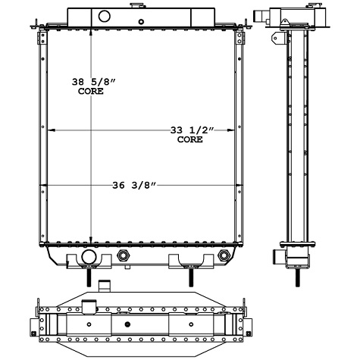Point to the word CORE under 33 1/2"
(x=190, y=140)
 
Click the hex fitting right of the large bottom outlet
(x=122, y=258)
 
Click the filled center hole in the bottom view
(x=127, y=324)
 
